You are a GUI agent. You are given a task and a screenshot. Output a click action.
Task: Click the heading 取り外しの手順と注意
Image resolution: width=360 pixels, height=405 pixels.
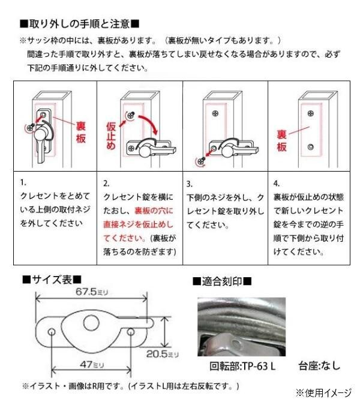[80, 24]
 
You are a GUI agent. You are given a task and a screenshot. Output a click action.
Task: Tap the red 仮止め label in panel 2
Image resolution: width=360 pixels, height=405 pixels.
[111, 136]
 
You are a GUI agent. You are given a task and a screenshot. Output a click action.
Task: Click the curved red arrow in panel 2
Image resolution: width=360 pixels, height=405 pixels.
[149, 124]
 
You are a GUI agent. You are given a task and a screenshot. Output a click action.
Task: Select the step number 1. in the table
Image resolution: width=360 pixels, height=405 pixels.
[23, 182]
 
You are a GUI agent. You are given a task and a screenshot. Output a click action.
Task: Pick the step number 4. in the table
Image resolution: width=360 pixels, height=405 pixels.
[277, 184]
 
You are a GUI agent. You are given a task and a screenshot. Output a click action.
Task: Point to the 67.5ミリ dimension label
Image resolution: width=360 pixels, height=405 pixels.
[92, 292]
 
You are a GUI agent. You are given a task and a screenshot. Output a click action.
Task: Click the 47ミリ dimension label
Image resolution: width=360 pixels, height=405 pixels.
[92, 365]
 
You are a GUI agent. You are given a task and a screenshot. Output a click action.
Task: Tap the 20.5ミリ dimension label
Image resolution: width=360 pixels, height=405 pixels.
[163, 354]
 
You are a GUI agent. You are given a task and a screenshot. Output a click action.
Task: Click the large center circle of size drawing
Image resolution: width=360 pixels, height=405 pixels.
[91, 323]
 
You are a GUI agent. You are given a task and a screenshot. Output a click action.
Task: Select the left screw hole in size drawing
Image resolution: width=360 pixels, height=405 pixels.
[52, 332]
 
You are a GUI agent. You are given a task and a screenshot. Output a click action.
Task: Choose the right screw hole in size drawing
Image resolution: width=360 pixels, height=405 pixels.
[131, 332]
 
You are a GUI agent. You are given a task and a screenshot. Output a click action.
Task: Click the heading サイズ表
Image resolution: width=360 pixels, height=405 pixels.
[52, 280]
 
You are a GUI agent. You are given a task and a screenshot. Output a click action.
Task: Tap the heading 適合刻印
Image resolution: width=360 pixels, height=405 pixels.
[222, 281]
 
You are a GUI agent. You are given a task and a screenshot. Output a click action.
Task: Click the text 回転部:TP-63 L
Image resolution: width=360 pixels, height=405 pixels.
[242, 366]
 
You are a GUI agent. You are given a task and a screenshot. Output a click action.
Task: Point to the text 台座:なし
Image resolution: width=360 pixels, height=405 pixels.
[319, 366]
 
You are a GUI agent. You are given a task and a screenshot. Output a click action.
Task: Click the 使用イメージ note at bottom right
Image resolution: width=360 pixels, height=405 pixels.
[323, 393]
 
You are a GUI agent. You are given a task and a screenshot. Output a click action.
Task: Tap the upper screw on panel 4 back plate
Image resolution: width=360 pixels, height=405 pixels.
[310, 113]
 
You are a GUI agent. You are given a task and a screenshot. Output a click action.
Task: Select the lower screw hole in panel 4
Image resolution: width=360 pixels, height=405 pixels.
[310, 147]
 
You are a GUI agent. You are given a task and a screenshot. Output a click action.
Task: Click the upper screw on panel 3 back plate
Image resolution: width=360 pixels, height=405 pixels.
[215, 113]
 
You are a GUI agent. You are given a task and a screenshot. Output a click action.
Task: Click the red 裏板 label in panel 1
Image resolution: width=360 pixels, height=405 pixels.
[81, 133]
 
